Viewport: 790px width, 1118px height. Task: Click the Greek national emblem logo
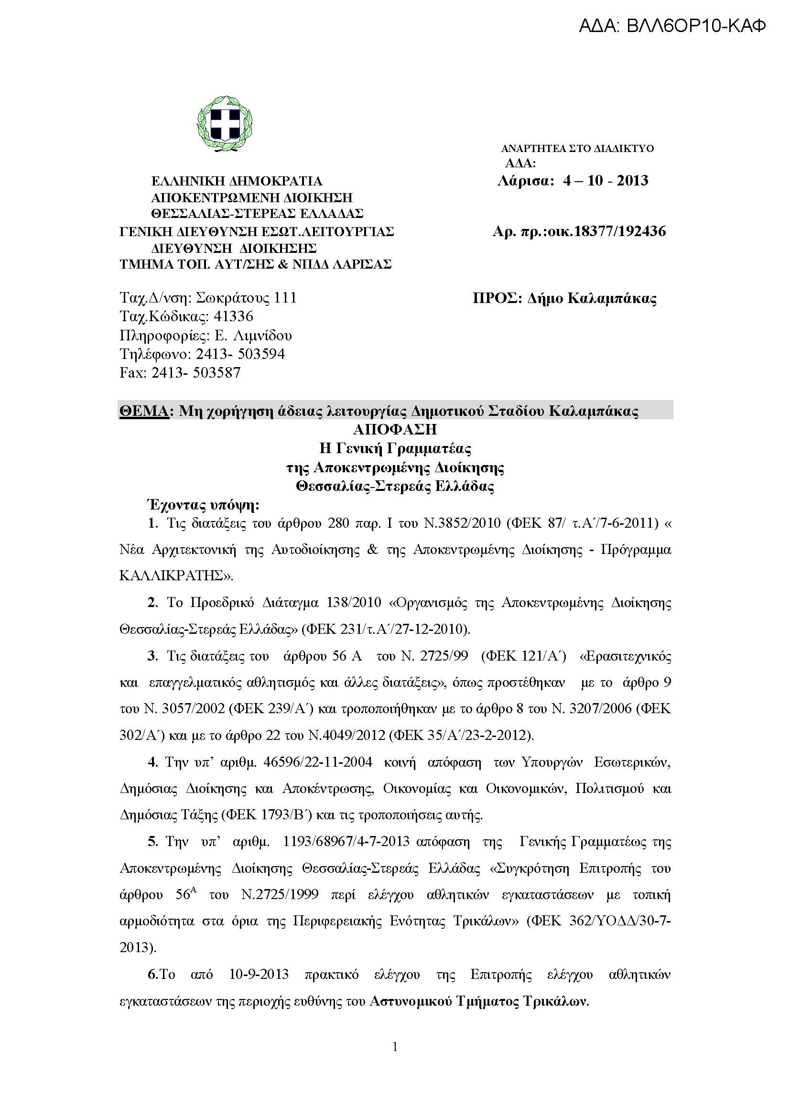coord(226,123)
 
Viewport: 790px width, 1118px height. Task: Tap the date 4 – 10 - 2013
coord(606,181)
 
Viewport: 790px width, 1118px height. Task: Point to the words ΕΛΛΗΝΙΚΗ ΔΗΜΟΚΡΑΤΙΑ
coord(237,181)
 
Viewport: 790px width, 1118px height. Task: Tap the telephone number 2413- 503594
coord(240,354)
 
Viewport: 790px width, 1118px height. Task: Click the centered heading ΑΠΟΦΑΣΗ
coord(395,430)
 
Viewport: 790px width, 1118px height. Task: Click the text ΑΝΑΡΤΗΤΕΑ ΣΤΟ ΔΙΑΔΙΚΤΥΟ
coord(577,149)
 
